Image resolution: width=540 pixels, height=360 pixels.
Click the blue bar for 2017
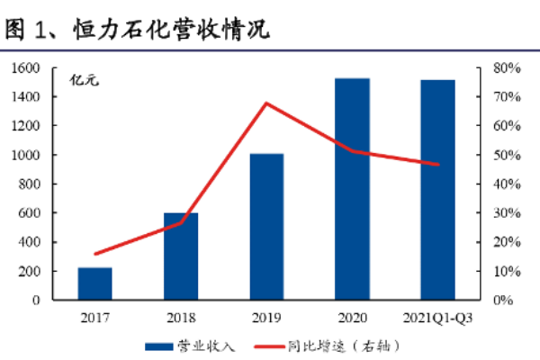(x=94, y=283)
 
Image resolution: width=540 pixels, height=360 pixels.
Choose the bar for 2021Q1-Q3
(x=437, y=190)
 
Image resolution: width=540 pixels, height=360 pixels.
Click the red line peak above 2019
(x=267, y=103)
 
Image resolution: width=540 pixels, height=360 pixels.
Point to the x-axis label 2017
(x=94, y=318)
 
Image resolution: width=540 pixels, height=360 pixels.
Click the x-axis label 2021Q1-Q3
(x=438, y=318)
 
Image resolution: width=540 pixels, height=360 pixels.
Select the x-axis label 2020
(x=352, y=318)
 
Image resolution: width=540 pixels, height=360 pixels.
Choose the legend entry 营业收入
(x=195, y=346)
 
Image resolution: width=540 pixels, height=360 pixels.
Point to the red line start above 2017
(x=95, y=254)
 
